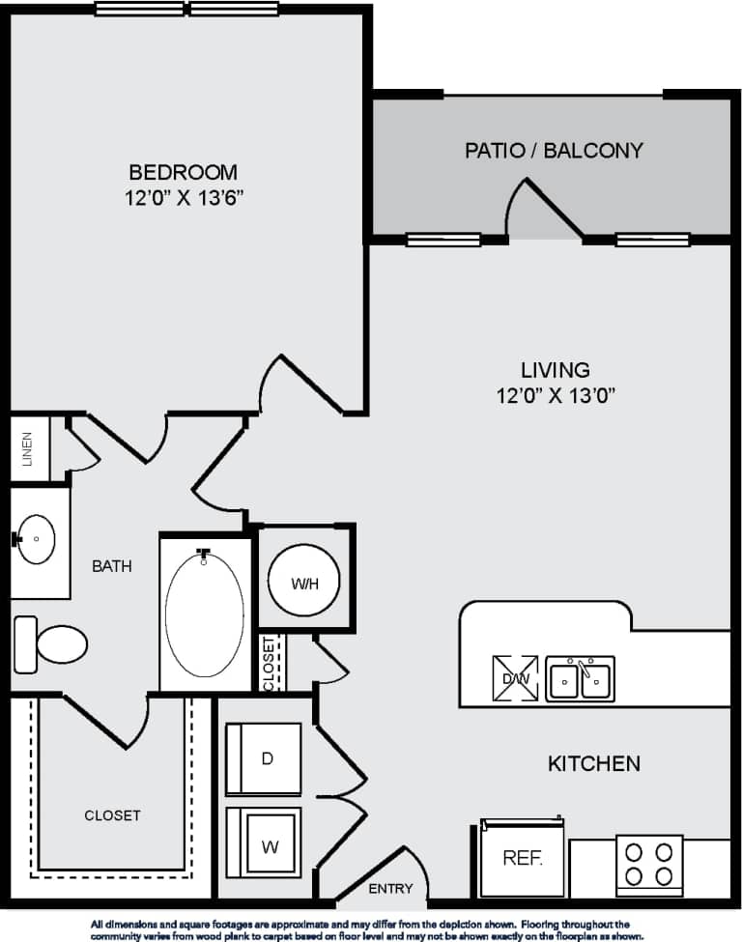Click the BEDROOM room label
pyautogui.click(x=183, y=173)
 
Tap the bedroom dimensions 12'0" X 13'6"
pyautogui.click(x=183, y=199)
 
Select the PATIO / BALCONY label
pyautogui.click(x=554, y=151)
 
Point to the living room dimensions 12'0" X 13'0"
pyautogui.click(x=555, y=394)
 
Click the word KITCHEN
pyautogui.click(x=593, y=763)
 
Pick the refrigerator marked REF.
pyautogui.click(x=523, y=857)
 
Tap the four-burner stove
pyautogui.click(x=649, y=864)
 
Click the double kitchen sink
pyautogui.click(x=580, y=678)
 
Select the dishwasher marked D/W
pyautogui.click(x=514, y=677)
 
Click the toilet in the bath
pyautogui.click(x=52, y=643)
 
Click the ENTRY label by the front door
pyautogui.click(x=390, y=889)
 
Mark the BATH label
pyautogui.click(x=112, y=566)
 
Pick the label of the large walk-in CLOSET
pyautogui.click(x=112, y=815)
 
